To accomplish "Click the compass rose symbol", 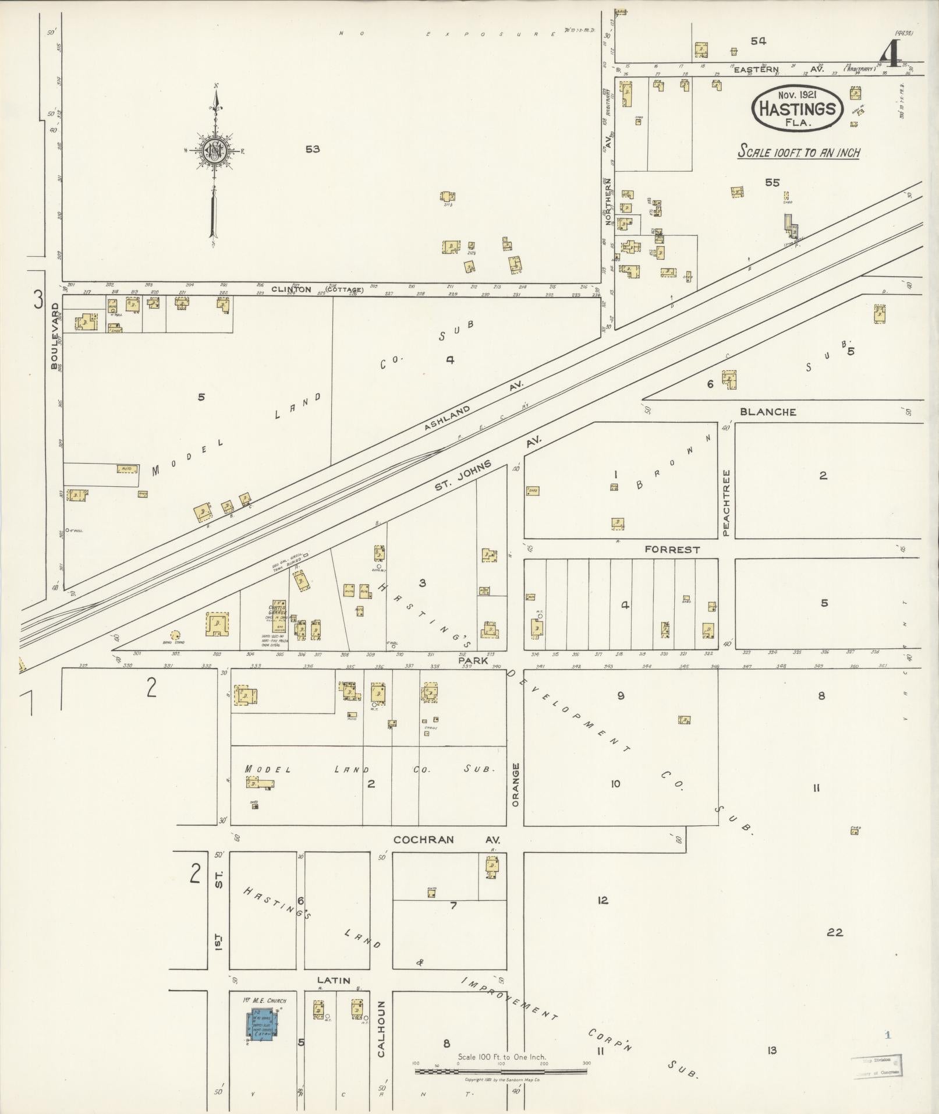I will (x=215, y=150).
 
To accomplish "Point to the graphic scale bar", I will (x=501, y=1070).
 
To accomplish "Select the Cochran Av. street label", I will (x=447, y=840).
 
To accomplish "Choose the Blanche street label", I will (x=768, y=412).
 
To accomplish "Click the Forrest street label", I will (x=672, y=549).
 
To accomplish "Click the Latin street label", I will (x=334, y=980).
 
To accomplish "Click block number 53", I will (x=313, y=149).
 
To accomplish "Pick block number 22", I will (x=835, y=932).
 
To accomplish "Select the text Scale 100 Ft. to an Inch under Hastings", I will (x=799, y=153).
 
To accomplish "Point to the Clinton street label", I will (x=317, y=289).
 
